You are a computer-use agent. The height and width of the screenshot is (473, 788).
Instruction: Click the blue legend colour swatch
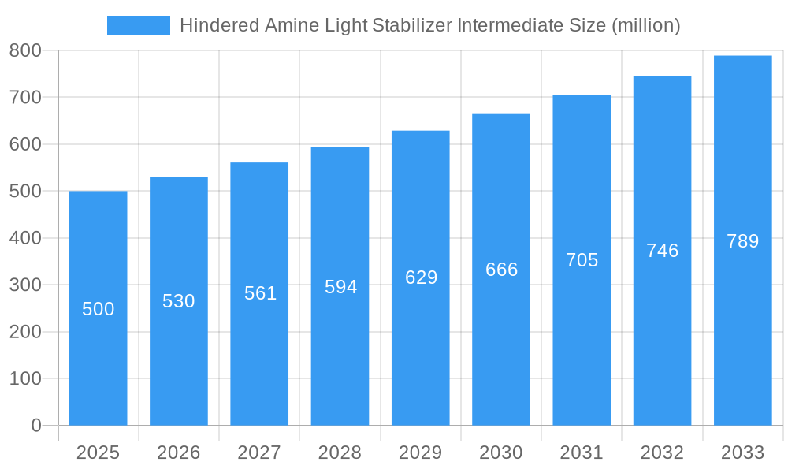click(x=138, y=25)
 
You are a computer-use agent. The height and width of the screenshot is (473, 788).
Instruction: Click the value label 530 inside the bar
click(x=179, y=301)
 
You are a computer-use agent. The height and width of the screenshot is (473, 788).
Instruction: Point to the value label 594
click(x=340, y=287)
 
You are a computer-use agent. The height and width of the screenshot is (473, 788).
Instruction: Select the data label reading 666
click(x=501, y=270)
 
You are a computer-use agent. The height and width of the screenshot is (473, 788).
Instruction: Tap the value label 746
click(x=662, y=251)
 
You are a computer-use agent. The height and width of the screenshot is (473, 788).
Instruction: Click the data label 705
click(x=582, y=260)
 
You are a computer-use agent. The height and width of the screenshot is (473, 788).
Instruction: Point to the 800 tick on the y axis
click(x=25, y=51)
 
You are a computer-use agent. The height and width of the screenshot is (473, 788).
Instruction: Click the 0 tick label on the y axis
click(x=35, y=426)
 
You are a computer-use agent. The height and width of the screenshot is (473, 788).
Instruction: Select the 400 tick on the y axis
click(x=25, y=238)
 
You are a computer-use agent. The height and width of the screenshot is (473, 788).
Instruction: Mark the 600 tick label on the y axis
click(x=25, y=145)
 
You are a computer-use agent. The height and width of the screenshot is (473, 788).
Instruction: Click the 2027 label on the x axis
click(x=259, y=453)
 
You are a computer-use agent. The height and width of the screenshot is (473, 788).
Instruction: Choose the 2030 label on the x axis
click(x=501, y=453)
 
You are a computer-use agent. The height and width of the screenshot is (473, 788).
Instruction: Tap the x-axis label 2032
click(x=662, y=453)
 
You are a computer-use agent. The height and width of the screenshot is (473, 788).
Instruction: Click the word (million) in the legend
click(x=645, y=25)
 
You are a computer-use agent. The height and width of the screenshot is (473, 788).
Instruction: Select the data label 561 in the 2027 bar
click(x=260, y=293)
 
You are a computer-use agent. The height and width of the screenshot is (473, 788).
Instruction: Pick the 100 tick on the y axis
click(x=25, y=378)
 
